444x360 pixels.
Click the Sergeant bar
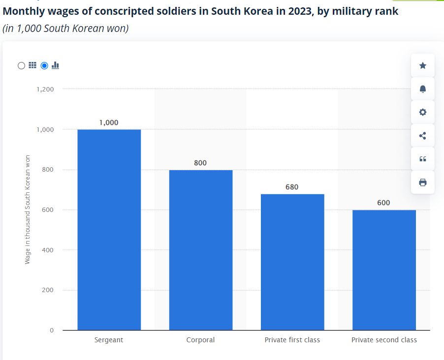pos(109,230)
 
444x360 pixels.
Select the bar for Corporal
pos(200,250)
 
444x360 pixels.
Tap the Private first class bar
pos(292,262)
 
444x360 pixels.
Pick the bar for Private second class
pos(384,270)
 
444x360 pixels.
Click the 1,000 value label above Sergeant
pos(109,122)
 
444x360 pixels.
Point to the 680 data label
pos(292,187)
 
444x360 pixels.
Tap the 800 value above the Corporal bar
pos(200,163)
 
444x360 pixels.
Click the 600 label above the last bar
pos(383,203)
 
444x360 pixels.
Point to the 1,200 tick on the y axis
pos(45,89)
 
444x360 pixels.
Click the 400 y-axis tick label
pos(48,250)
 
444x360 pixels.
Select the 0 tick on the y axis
pos(51,330)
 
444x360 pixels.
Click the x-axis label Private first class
pos(292,340)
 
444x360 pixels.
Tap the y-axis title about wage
pos(28,210)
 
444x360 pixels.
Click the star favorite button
pos(422,65)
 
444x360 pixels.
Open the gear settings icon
pos(422,112)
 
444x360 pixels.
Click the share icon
pos(422,136)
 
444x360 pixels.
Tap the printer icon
pos(422,182)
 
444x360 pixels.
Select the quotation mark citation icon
pos(422,159)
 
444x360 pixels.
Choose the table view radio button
pos(21,65)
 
